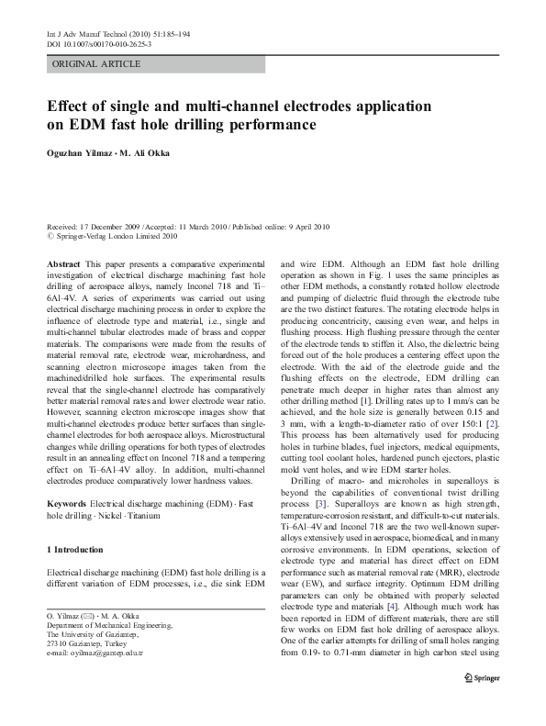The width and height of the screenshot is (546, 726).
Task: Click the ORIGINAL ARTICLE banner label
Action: tap(97, 64)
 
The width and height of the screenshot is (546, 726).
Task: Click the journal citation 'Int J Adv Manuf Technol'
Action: tap(84, 34)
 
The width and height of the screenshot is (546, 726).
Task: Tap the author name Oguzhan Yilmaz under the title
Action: tap(81, 153)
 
